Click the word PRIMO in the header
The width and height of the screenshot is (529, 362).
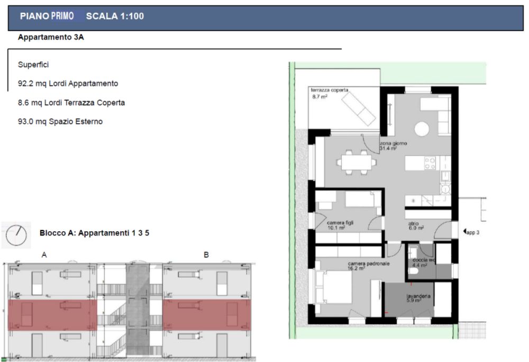(62, 16)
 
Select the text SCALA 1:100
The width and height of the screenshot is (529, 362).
(114, 16)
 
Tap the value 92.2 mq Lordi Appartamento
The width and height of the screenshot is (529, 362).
(68, 84)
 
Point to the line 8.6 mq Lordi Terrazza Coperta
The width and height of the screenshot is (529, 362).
(71, 103)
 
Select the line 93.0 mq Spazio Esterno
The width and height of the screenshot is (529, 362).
(60, 122)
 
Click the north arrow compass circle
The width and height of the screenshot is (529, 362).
(15, 236)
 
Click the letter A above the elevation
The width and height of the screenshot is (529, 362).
(44, 255)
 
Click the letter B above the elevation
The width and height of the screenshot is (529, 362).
(206, 255)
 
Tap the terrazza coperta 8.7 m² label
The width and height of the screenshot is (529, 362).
(329, 94)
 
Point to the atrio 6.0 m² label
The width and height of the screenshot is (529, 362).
(415, 226)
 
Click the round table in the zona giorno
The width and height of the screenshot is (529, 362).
(422, 129)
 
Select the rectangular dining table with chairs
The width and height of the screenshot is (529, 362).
(355, 161)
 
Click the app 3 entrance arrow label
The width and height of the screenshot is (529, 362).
(470, 231)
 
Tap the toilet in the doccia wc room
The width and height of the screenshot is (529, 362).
(414, 270)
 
